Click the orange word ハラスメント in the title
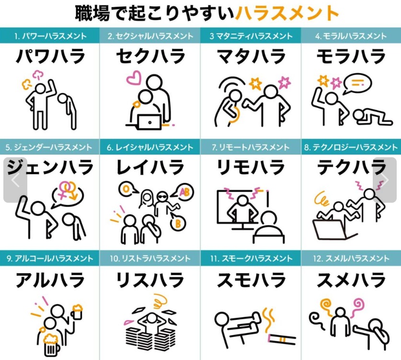(x=286, y=13)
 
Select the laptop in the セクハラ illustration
(x=149, y=122)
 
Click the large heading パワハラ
(x=50, y=56)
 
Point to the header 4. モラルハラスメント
(x=351, y=36)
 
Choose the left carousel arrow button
(x=15, y=180)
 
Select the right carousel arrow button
(x=385, y=180)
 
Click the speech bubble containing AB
(x=183, y=191)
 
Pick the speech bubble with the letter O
(x=127, y=189)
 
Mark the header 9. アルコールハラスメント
(x=50, y=259)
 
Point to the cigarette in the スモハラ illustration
(x=282, y=339)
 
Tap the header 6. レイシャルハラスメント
(x=150, y=147)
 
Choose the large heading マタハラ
(x=251, y=56)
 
